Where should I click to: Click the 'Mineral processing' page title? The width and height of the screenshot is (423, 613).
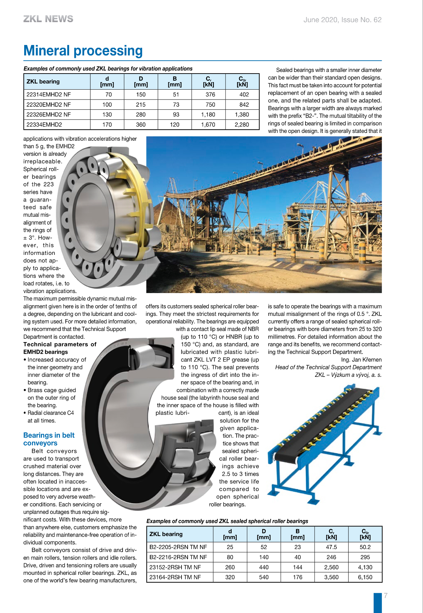[x=83, y=51]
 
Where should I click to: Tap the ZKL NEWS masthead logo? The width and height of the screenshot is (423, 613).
[x=48, y=19]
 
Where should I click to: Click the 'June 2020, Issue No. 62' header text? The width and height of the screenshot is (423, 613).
[x=342, y=20]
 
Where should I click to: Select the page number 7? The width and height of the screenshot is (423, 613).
[x=386, y=596]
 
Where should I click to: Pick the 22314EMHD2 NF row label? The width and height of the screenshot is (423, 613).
[x=49, y=94]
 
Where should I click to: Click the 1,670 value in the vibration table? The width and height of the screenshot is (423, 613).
[x=208, y=125]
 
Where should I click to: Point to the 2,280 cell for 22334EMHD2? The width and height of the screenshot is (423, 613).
[x=242, y=125]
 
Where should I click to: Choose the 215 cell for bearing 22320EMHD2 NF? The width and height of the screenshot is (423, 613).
[x=141, y=105]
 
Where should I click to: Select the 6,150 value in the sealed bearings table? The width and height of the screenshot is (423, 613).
[x=365, y=577]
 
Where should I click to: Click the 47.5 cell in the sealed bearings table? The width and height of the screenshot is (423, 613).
[x=331, y=547]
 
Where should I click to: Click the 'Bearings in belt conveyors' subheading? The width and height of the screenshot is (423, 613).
[x=49, y=439]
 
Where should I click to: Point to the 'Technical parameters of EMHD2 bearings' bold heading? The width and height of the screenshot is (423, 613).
[x=60, y=348]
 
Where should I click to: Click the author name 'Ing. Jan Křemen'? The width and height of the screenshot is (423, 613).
[x=361, y=360]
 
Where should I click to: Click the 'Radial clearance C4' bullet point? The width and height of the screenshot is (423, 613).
[x=50, y=413]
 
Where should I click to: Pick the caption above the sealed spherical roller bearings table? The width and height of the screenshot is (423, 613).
[x=227, y=521]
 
